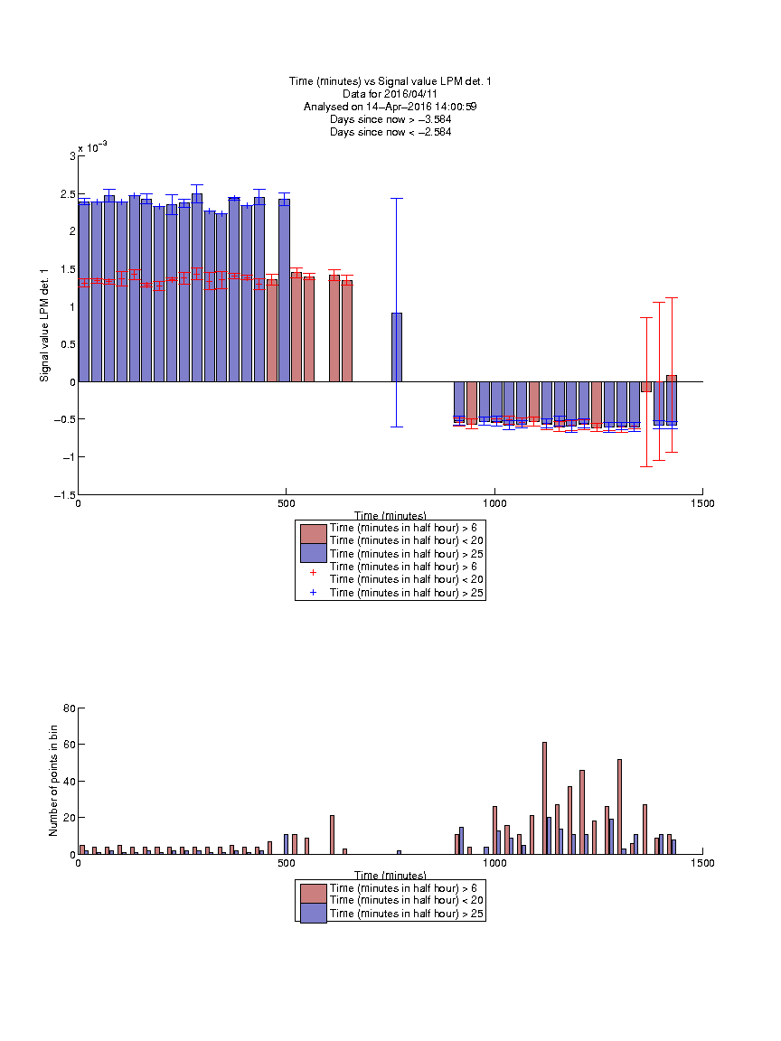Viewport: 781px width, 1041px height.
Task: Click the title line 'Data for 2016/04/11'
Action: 390,94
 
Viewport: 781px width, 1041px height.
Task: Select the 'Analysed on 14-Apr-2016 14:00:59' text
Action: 390,107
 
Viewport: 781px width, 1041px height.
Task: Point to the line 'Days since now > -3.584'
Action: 390,119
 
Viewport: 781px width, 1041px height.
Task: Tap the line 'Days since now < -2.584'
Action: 390,131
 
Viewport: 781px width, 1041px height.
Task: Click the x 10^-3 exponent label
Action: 92,147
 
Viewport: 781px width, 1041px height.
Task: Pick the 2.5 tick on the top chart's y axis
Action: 68,194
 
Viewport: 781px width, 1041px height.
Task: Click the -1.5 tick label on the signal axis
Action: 65,494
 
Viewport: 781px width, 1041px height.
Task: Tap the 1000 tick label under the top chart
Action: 494,503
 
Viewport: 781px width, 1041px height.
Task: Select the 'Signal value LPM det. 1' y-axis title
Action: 44,325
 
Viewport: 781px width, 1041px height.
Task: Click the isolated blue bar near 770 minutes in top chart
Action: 397,347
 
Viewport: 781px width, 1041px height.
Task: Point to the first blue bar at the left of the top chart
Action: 84,292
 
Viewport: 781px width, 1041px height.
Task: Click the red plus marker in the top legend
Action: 314,572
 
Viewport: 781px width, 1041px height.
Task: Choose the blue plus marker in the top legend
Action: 314,592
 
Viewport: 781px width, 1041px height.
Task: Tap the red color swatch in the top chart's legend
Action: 314,534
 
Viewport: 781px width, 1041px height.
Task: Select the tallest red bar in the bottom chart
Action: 544,798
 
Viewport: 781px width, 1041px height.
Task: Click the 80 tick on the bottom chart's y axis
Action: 69,708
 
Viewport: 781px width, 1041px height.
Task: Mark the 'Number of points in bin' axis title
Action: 53,781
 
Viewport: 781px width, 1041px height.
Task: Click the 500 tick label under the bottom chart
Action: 287,863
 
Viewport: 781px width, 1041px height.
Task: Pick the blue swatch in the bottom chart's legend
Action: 314,913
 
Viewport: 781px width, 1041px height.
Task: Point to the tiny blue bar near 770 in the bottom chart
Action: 400,852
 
